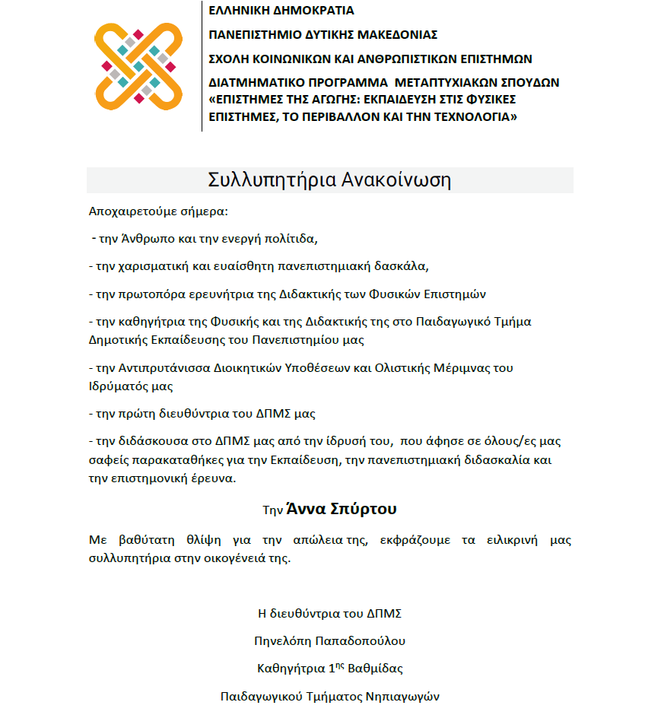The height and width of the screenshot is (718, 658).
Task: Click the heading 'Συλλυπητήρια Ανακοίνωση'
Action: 329,180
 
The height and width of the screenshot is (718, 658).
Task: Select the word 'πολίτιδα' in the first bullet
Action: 294,238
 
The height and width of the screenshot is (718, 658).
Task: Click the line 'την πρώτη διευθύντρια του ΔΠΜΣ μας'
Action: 202,414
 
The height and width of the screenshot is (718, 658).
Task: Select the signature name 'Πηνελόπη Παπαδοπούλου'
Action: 329,640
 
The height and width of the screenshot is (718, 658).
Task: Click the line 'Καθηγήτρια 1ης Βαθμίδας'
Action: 329,669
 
